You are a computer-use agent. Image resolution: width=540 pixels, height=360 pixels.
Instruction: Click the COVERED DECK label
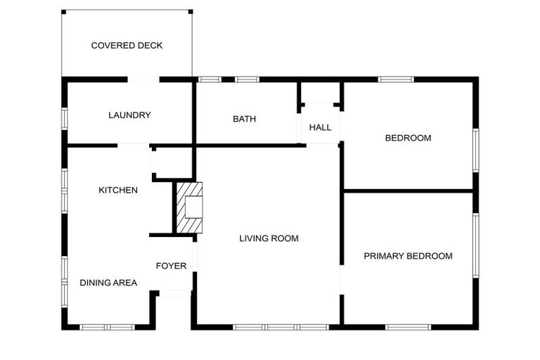tap(127, 46)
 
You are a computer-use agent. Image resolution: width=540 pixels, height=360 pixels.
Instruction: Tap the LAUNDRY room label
tap(129, 115)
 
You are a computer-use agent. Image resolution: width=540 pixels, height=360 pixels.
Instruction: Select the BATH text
tap(244, 119)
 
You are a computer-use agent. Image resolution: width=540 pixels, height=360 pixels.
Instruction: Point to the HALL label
tap(320, 127)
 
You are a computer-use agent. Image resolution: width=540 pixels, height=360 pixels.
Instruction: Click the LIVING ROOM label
tap(269, 238)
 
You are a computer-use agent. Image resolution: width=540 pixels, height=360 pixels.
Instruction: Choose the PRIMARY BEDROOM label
tap(408, 256)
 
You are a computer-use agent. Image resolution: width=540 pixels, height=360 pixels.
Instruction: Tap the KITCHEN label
tap(117, 190)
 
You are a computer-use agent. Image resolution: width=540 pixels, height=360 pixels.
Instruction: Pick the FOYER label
tap(171, 266)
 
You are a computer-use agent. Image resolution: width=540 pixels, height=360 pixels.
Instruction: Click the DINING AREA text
tap(108, 283)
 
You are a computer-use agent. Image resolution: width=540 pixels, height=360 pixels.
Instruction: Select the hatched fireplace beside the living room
tap(188, 207)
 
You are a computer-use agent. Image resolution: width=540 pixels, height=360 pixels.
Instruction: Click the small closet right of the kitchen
tap(172, 163)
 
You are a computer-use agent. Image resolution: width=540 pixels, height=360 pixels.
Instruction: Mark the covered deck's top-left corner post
tap(63, 11)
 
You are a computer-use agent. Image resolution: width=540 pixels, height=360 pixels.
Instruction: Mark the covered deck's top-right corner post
tap(191, 11)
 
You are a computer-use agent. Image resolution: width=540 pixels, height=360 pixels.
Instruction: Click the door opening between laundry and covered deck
tap(143, 79)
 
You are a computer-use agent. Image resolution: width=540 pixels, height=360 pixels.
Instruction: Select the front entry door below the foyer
tap(174, 292)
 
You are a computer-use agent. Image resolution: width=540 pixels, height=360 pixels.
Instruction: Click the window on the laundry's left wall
tap(64, 117)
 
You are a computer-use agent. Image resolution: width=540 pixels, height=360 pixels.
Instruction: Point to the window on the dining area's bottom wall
tap(106, 327)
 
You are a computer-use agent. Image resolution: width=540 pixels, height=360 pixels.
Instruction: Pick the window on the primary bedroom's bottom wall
tap(408, 327)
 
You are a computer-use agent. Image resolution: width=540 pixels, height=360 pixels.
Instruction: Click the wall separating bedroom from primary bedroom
tap(408, 190)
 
